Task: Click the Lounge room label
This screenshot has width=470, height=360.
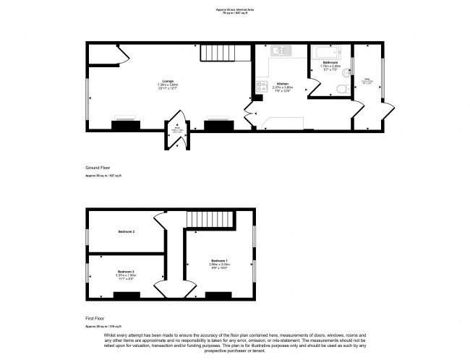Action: point(168,81)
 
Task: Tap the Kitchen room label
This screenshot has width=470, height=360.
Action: point(282,84)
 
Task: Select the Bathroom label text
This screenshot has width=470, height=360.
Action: point(330,63)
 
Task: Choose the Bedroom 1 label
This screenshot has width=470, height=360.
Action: point(219,260)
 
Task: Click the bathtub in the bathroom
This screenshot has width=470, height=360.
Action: point(329,52)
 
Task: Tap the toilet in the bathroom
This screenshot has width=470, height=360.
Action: point(342,87)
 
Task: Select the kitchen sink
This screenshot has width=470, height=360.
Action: point(279,51)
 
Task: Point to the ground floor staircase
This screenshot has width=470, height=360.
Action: point(216,53)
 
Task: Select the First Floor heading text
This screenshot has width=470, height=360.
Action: point(96,317)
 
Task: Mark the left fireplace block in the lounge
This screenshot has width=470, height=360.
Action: point(125,125)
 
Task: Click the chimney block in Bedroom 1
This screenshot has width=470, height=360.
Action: point(218,294)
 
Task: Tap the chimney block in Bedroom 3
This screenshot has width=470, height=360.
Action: point(127,294)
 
